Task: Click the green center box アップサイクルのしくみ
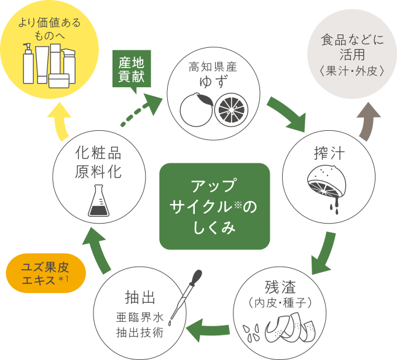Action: click(214, 207)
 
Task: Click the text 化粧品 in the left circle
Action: click(97, 151)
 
